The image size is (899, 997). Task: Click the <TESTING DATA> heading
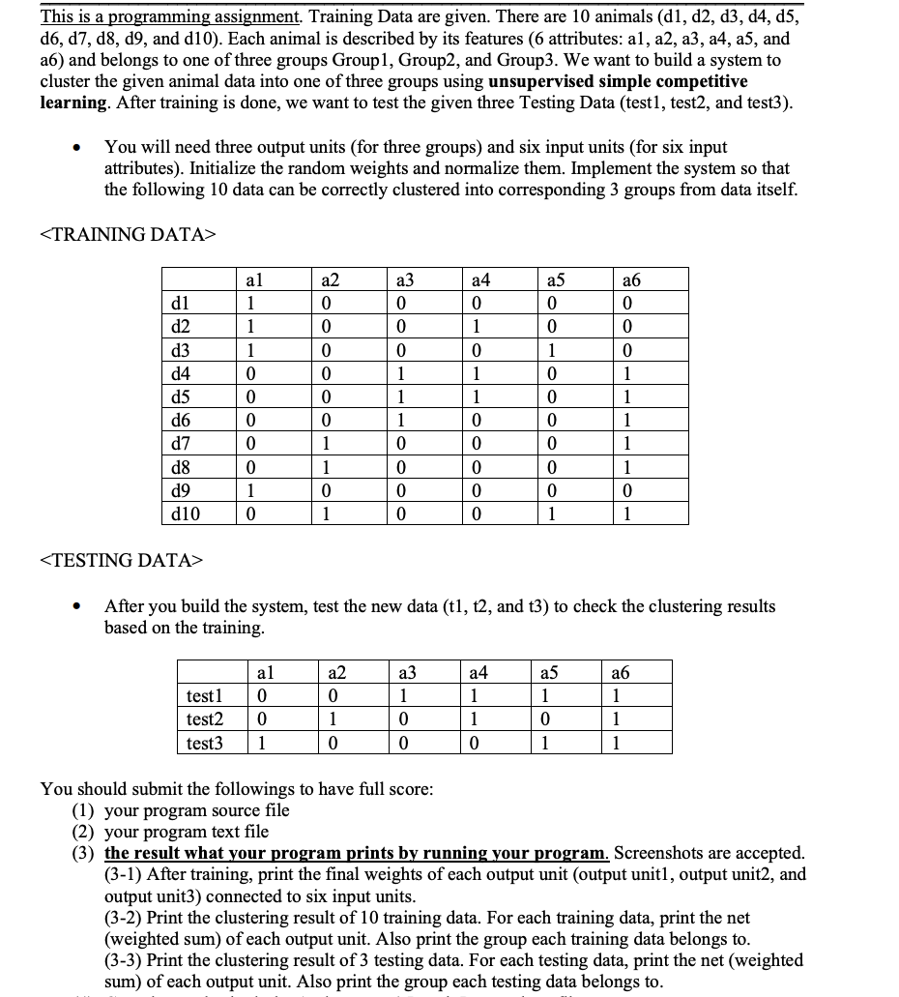[122, 560]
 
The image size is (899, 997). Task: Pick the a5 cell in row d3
[549, 349]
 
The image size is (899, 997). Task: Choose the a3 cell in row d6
[398, 419]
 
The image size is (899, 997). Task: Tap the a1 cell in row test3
[262, 743]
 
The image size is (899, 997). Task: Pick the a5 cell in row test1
[546, 696]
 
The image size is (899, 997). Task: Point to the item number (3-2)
[123, 917]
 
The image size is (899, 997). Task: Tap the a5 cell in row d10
[549, 513]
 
